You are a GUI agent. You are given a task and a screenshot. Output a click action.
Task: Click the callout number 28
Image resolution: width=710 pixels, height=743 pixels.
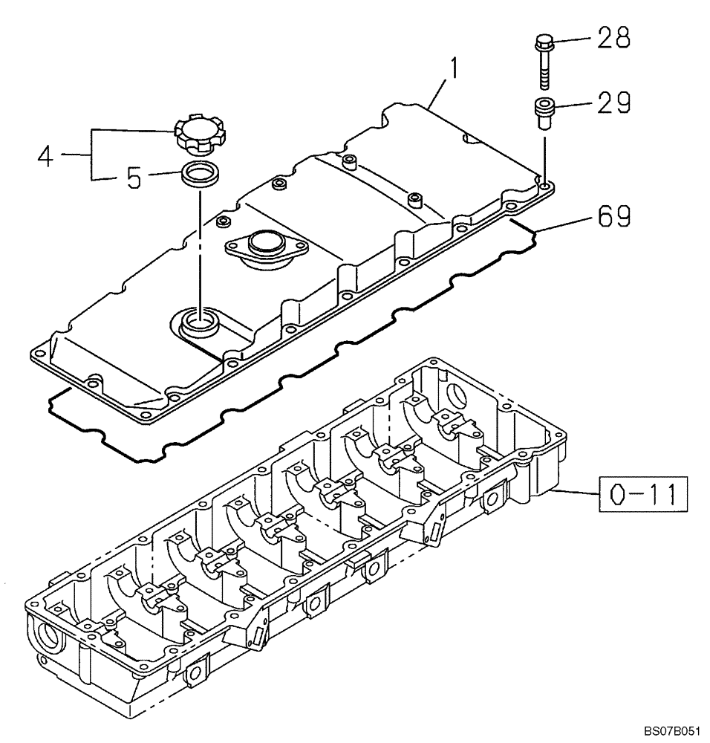coord(613,38)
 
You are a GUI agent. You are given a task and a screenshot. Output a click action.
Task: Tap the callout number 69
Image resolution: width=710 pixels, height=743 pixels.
coord(613,217)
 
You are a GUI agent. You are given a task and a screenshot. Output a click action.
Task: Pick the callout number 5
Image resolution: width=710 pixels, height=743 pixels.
coord(134,179)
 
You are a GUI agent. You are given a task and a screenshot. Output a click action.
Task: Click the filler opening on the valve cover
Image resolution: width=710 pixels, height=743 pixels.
coord(199,320)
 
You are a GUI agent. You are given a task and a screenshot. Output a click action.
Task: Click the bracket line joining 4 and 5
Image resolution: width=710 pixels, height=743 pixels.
coord(92,155)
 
